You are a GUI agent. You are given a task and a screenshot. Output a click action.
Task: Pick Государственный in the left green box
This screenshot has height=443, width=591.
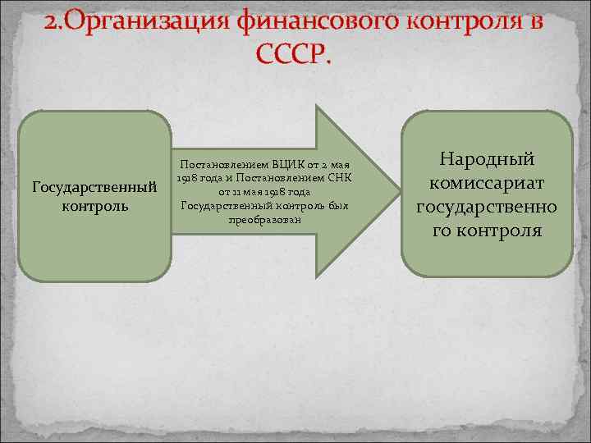coord(94,188)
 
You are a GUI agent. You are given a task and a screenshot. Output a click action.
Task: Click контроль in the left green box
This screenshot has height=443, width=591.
coord(94,205)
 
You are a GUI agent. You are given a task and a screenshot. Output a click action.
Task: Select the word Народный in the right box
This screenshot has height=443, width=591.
coord(487,158)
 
